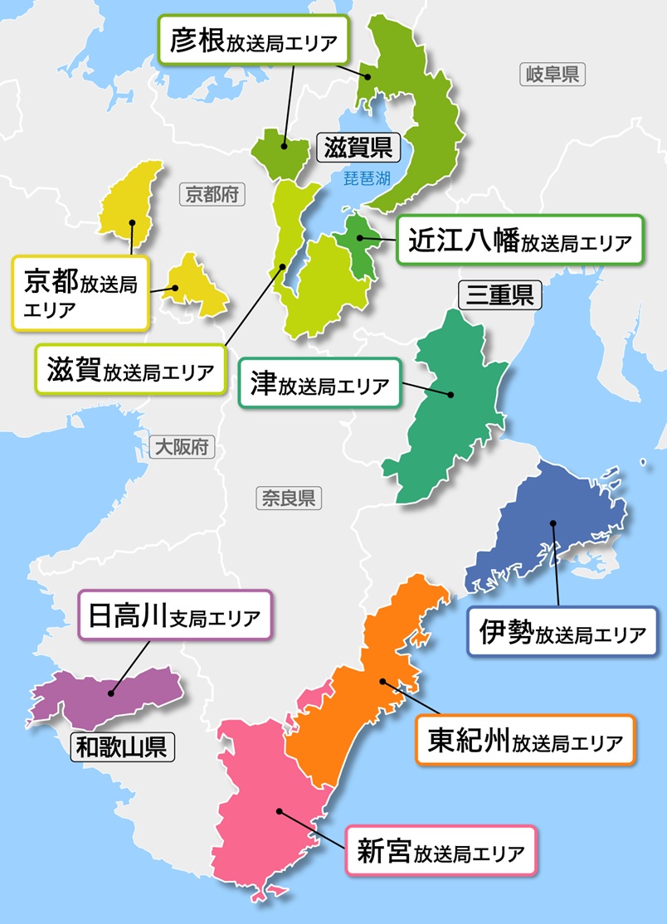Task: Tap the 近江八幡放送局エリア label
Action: coord(520,241)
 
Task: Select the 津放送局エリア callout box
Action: coord(319,384)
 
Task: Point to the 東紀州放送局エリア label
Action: coord(524,739)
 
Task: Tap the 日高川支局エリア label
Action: coord(174,615)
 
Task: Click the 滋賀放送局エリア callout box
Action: coord(129,370)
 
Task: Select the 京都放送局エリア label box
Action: coord(80,292)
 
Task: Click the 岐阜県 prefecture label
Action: coord(553,75)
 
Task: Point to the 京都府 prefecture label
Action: coord(212,195)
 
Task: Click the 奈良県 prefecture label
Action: coord(287,498)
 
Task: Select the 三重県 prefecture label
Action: coord(499,295)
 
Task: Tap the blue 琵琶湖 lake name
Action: coord(372,176)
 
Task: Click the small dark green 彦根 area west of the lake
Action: coord(280,151)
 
